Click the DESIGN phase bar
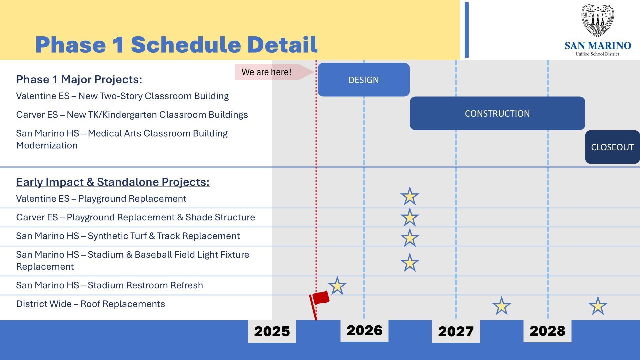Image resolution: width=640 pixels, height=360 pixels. (363, 80)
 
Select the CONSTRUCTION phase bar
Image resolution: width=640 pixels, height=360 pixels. (497, 113)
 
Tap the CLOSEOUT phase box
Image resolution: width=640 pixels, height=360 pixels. (612, 147)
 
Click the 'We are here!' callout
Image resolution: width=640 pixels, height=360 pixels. (267, 72)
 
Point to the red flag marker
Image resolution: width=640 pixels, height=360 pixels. (320, 298)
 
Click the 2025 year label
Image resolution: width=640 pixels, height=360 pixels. (272, 331)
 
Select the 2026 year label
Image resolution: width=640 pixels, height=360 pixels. (364, 331)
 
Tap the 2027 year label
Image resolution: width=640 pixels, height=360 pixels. (456, 331)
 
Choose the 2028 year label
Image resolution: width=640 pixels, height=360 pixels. (547, 331)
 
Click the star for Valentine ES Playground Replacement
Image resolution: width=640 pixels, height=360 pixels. (409, 196)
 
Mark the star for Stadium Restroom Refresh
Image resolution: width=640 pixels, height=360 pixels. (337, 286)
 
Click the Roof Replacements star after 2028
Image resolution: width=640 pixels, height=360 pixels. (598, 306)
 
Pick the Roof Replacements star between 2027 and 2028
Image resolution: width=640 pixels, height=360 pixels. (501, 306)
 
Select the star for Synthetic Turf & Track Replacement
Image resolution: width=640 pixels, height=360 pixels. (409, 238)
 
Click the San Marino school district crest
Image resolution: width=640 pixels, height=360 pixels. (597, 21)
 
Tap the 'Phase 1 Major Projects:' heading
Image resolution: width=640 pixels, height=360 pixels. (79, 79)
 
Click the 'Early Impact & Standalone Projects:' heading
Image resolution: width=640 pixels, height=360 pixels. (113, 182)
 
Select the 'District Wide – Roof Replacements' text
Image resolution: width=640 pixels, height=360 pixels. (90, 304)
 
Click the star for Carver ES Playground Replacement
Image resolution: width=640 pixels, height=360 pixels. (409, 217)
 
